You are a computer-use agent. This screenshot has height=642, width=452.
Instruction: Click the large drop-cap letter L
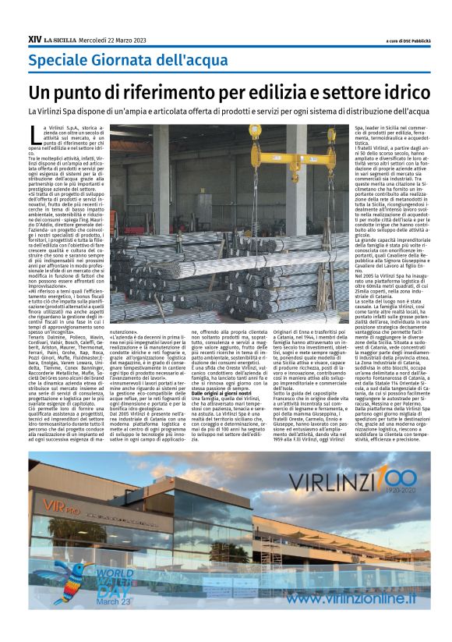34,133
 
